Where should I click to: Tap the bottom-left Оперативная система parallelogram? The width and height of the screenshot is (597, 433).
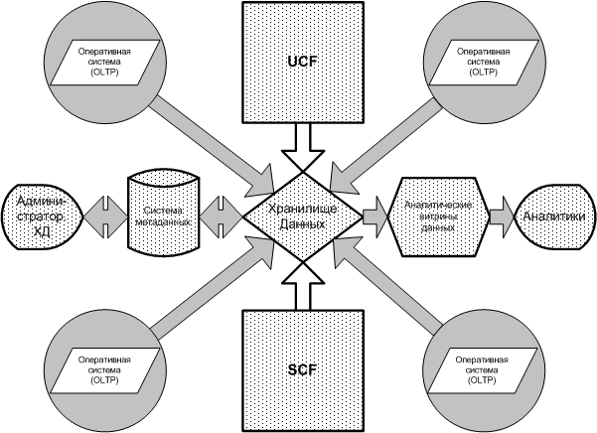(x=102, y=366)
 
